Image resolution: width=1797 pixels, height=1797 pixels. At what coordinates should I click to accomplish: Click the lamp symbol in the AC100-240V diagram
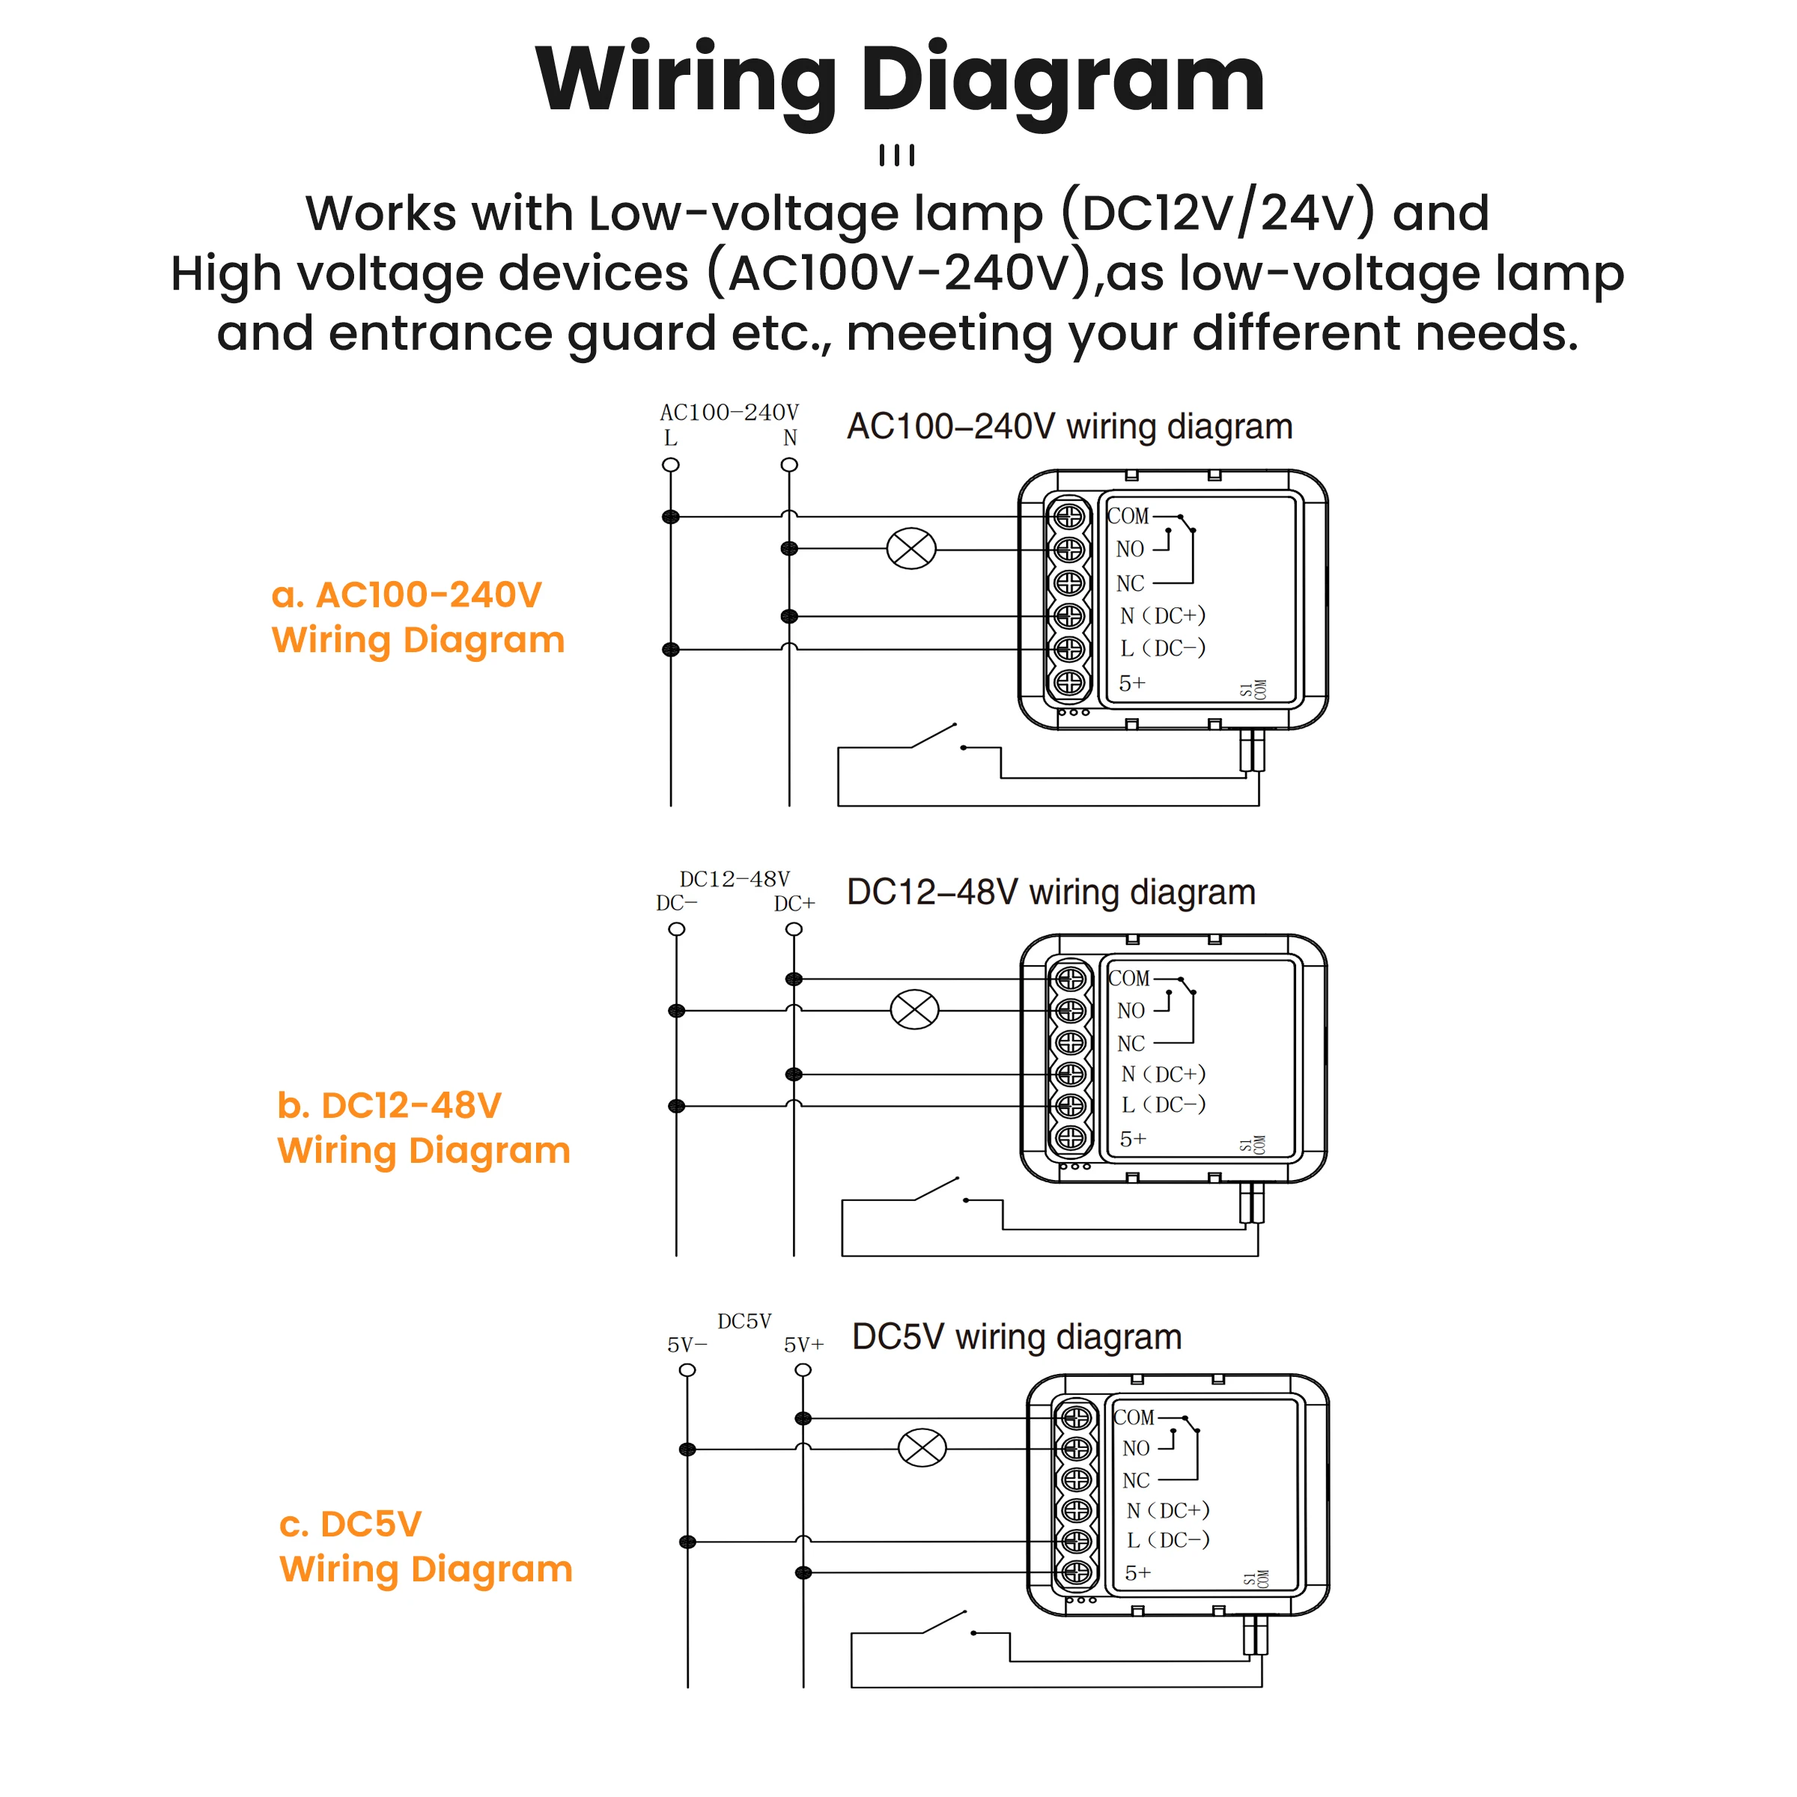910,549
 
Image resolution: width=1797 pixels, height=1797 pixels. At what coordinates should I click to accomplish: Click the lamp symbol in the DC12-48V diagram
914,1009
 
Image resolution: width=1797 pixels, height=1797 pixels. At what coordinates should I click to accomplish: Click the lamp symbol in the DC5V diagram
922,1448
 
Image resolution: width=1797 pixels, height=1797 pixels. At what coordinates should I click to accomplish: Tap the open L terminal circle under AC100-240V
671,465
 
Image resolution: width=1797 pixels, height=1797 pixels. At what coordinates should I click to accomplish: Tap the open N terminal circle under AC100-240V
790,465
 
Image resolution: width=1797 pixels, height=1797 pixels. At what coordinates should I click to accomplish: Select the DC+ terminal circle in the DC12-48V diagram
794,929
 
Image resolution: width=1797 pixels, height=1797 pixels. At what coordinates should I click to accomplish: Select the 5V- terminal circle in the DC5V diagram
687,1370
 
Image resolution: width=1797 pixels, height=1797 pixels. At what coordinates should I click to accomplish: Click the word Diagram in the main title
1062,82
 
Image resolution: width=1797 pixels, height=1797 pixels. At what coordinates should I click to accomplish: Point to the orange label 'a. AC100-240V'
407,595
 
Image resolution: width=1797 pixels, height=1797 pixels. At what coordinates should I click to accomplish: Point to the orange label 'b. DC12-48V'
389,1105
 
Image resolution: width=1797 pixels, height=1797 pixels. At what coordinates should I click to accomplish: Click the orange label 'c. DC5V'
350,1524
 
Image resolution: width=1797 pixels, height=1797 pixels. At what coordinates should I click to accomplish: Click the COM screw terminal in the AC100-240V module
1068,515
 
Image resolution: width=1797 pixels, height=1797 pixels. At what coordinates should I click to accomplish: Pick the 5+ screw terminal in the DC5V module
1076,1572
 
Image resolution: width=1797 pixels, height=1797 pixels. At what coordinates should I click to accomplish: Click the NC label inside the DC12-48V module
1131,1044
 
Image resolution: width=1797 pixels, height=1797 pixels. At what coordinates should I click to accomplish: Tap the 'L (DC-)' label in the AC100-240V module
1163,648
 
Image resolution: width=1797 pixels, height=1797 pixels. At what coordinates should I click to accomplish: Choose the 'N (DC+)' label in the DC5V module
1167,1509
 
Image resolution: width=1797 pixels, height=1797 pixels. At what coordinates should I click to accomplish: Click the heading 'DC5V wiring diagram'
1017,1337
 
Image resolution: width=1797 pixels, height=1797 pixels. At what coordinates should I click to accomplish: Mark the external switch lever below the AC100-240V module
933,736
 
